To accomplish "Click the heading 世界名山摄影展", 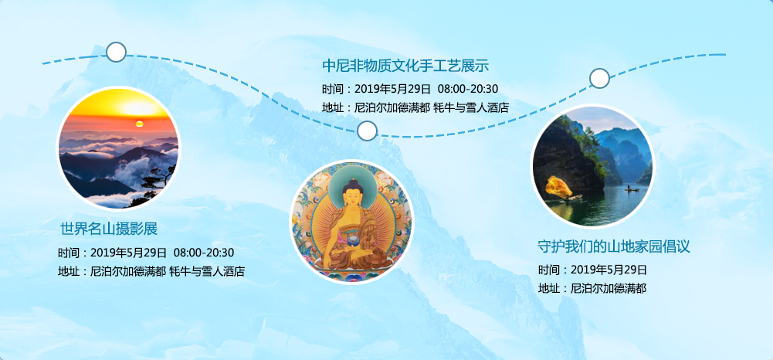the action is point(109,229).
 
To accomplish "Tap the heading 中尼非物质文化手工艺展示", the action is point(405,65).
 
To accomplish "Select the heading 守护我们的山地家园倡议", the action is point(613,246).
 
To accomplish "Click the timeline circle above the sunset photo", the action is point(117,52).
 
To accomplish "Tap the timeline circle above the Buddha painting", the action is point(367,131).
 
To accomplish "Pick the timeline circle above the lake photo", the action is point(599,78).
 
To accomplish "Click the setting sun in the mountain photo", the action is point(140,124).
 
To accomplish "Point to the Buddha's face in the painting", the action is point(352,197).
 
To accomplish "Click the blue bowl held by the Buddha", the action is point(354,241).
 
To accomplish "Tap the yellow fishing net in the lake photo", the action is point(558,188).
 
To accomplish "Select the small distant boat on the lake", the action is point(631,188).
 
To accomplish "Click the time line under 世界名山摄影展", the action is point(146,253).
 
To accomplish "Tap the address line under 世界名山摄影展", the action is point(151,271).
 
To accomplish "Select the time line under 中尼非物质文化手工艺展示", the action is point(410,89).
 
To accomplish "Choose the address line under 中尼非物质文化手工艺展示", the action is point(415,107).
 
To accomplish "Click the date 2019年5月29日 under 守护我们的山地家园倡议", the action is point(609,270).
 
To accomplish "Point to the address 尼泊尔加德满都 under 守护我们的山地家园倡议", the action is point(609,288).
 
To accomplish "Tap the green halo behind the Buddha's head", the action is point(352,178).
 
